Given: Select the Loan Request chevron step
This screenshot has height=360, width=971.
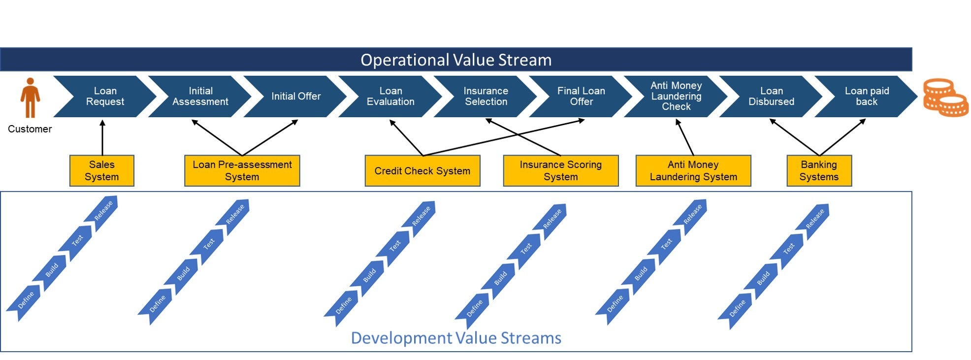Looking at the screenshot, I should pyautogui.click(x=105, y=97).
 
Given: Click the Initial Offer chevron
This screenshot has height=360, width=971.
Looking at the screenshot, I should pyautogui.click(x=295, y=97).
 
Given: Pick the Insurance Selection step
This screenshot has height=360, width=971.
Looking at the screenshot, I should pyautogui.click(x=485, y=97).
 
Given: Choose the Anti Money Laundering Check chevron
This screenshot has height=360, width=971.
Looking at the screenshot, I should pyautogui.click(x=676, y=97).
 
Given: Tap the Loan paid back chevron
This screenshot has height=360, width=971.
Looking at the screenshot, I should pyautogui.click(x=867, y=97).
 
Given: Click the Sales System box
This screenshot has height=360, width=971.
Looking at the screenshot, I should pyautogui.click(x=102, y=171).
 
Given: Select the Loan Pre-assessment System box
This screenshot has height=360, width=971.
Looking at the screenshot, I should pyautogui.click(x=242, y=171).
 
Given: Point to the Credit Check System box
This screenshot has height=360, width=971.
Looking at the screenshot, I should pyautogui.click(x=422, y=171).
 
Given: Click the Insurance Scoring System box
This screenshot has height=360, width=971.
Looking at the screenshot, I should pyautogui.click(x=560, y=171).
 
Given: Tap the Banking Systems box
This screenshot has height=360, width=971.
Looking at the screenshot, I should pyautogui.click(x=819, y=171).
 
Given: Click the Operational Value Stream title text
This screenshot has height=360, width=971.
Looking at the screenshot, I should pyautogui.click(x=456, y=60).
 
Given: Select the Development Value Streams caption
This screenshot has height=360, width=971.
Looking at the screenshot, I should pyautogui.click(x=456, y=338).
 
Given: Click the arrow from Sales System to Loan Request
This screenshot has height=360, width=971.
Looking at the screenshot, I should pyautogui.click(x=102, y=138).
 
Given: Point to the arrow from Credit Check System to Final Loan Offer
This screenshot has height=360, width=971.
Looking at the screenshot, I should pyautogui.click(x=502, y=138).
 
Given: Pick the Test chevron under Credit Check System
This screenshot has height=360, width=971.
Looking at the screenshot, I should pyautogui.click(x=394, y=247).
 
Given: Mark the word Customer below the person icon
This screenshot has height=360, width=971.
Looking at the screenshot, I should pyautogui.click(x=30, y=129).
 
